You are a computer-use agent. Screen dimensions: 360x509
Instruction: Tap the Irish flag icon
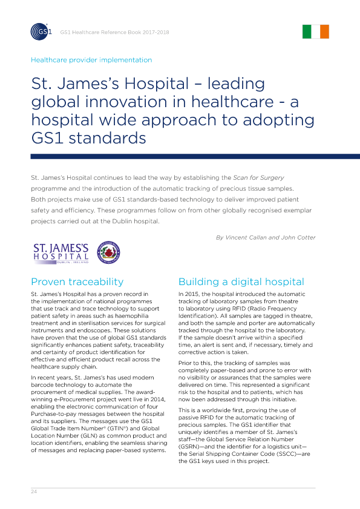pos(316,32)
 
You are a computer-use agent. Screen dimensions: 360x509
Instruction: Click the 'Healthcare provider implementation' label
pos(91,60)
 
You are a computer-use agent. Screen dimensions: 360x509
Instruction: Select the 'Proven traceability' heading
pos(77,281)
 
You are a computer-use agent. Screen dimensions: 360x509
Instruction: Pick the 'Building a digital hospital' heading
pos(241,281)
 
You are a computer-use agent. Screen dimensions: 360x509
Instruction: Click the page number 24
pos(34,491)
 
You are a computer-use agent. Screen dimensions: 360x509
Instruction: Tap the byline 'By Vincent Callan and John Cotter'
pos(266,237)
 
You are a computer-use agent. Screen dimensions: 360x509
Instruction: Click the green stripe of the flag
pos(307,32)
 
